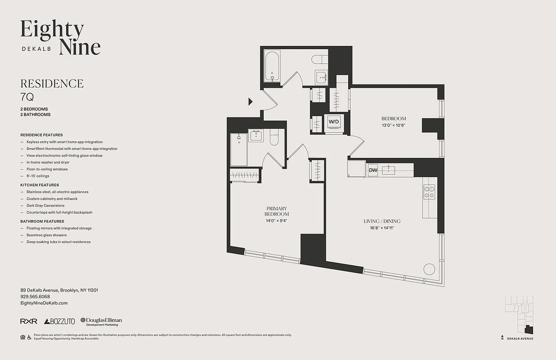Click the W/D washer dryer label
coord(333,121)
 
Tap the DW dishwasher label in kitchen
coord(373,170)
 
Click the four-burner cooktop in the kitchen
coord(429,192)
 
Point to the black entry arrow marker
coord(251,102)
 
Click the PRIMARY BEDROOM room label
coord(277,211)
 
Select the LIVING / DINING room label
coord(382,221)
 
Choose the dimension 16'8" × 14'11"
coord(382,228)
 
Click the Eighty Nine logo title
coord(60,37)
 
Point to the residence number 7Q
coord(27,96)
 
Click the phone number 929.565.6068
coord(35,297)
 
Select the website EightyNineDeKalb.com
coord(44,303)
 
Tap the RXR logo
coord(29,321)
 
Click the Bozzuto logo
coord(59,321)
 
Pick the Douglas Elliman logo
coord(101,321)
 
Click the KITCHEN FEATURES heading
coord(40,185)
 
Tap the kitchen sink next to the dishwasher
coord(388,170)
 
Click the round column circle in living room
coord(429,269)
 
